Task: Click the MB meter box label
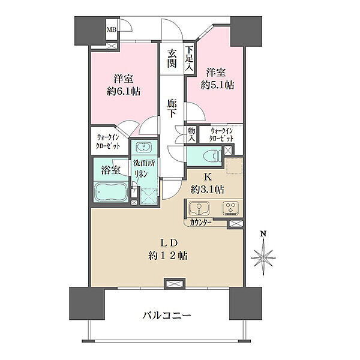[112, 29]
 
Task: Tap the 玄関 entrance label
[172, 58]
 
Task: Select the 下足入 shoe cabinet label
[189, 59]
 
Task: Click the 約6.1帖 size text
[124, 92]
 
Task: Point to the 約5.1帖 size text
[217, 85]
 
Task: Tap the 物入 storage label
[191, 135]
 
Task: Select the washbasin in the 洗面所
[144, 147]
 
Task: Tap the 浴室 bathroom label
[110, 170]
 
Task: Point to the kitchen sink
[199, 208]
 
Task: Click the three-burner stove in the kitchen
[230, 208]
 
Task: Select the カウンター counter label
[200, 223]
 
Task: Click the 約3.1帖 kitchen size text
[208, 190]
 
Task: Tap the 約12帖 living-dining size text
[167, 256]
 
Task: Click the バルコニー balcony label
[167, 316]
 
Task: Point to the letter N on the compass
[263, 234]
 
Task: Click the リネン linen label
[142, 174]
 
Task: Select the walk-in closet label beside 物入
[222, 135]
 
